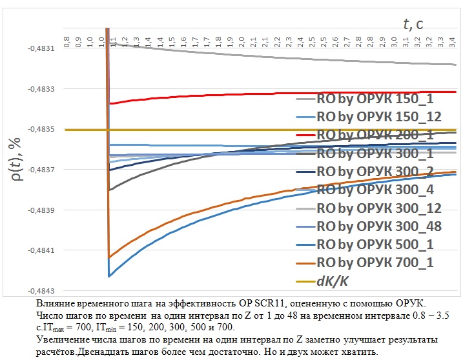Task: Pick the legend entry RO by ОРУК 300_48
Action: [375, 226]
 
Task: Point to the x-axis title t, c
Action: [413, 25]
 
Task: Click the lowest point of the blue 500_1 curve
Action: [109, 277]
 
